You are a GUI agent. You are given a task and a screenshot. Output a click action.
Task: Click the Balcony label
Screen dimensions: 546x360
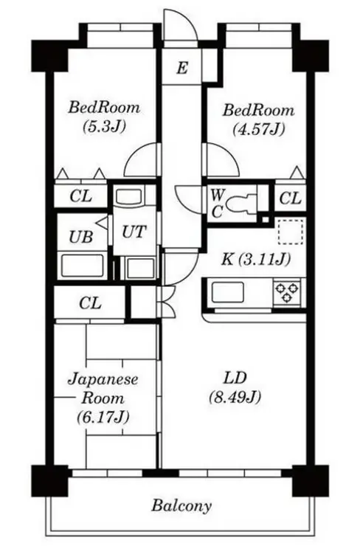point(181,506)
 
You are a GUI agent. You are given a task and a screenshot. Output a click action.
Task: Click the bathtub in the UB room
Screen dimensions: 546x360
point(81,266)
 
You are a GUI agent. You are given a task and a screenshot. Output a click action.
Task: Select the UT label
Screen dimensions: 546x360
point(134,232)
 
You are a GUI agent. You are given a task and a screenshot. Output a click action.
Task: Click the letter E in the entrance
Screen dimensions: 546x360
point(181,69)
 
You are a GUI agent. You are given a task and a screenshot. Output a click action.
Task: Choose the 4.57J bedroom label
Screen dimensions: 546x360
point(257,120)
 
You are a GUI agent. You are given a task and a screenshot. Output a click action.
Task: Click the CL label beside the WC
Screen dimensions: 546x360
point(290,198)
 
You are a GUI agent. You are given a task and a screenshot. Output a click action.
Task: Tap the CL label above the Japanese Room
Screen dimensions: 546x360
point(90,303)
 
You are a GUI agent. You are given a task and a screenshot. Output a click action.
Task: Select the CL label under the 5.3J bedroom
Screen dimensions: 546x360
point(80,197)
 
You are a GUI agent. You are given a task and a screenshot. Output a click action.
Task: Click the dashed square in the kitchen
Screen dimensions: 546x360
point(290,232)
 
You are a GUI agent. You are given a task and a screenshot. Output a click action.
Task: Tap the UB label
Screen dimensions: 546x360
point(80,236)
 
